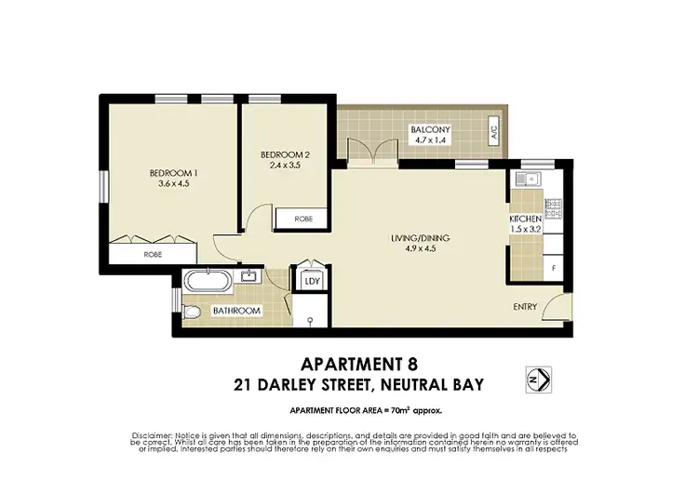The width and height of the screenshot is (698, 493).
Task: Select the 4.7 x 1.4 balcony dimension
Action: point(431,140)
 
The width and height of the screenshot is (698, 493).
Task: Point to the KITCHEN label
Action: point(525,218)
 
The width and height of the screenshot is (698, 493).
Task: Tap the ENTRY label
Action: point(526,307)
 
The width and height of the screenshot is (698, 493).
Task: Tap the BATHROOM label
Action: point(236,310)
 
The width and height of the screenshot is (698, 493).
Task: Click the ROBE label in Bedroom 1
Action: point(153,252)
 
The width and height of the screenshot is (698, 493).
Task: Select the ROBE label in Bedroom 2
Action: point(303,220)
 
